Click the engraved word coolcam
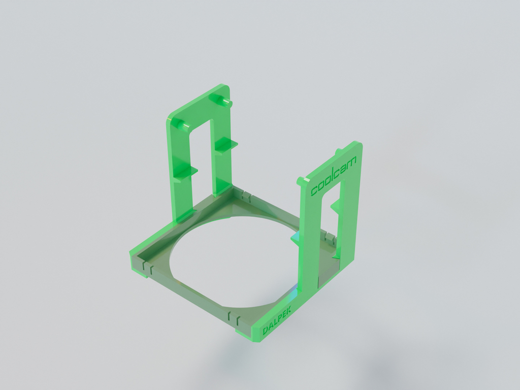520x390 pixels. tap(334, 175)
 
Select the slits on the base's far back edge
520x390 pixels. tap(247, 195)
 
